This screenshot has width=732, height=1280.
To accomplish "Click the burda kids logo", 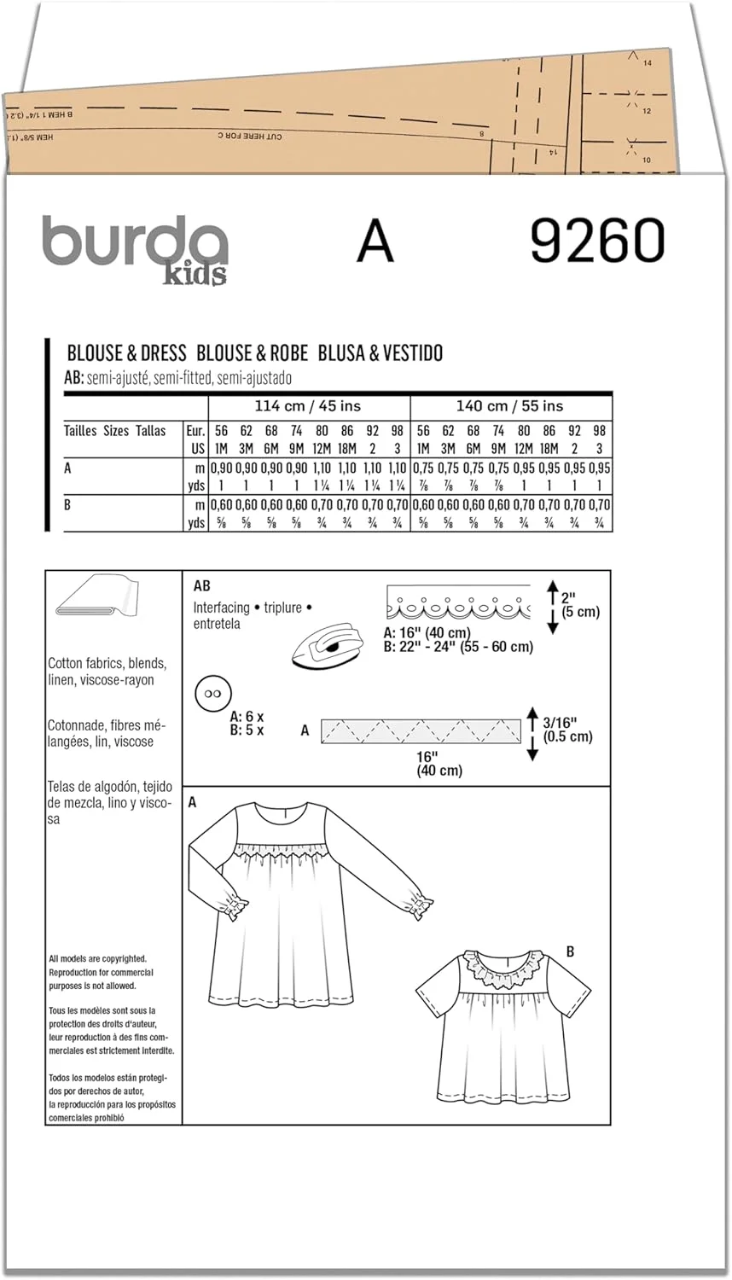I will [x=136, y=247].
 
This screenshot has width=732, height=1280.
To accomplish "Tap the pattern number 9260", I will [x=596, y=241].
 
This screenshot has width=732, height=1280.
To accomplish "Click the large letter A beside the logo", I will [x=375, y=241].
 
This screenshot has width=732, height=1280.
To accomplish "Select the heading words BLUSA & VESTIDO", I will [x=381, y=353].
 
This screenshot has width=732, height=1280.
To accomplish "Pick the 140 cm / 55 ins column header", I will [x=511, y=406].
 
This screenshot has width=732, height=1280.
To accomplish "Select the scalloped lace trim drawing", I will [x=458, y=603].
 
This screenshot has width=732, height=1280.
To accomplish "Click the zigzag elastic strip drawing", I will [x=421, y=731].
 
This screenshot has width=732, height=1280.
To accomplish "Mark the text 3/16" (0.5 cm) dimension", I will [x=566, y=730].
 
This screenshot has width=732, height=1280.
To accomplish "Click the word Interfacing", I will [x=222, y=608].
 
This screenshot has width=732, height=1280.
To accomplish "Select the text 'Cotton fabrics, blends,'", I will [x=107, y=664].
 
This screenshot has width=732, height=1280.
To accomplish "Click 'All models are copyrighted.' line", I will [x=97, y=959].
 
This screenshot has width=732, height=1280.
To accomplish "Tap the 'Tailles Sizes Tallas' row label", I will [x=114, y=431].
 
